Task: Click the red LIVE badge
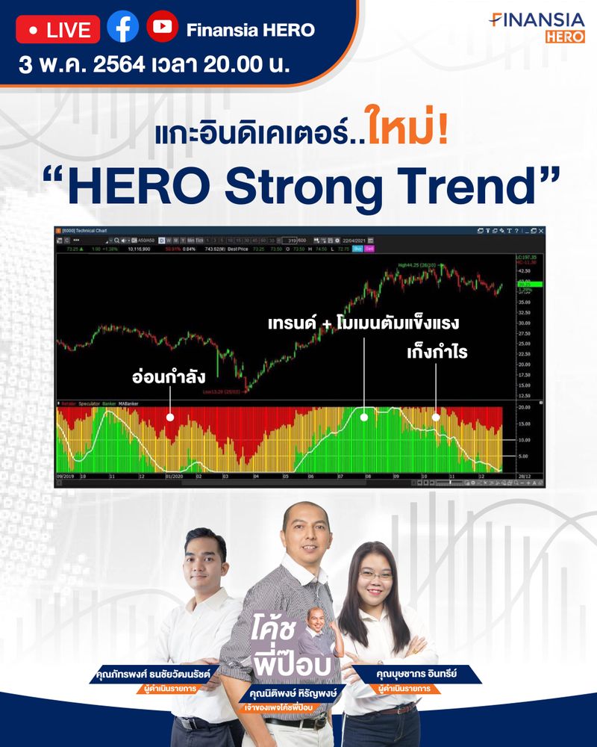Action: click(x=58, y=30)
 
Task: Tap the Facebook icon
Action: click(x=122, y=28)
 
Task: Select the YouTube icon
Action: click(x=162, y=28)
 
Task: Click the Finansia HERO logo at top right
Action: click(x=537, y=27)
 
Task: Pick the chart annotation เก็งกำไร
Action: click(x=437, y=350)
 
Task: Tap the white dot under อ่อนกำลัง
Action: click(x=170, y=418)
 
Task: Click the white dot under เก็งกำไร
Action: click(x=437, y=418)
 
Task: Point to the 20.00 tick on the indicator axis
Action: click(x=523, y=408)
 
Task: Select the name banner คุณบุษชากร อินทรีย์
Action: click(x=422, y=672)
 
